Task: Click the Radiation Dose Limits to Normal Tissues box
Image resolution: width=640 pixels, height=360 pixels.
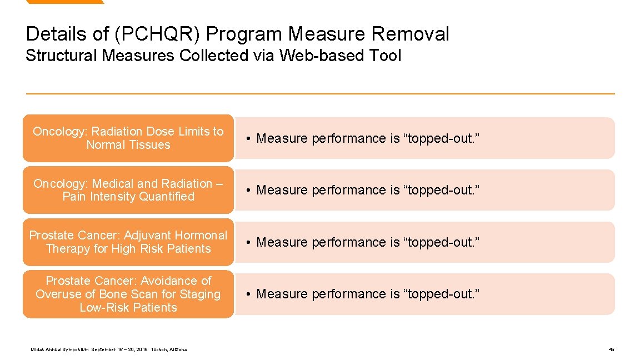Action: click(128, 138)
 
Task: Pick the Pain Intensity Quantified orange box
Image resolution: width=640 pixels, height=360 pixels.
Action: click(128, 190)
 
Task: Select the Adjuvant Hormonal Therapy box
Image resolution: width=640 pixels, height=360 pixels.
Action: click(128, 242)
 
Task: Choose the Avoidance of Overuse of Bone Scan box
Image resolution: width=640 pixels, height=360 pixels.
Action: click(128, 294)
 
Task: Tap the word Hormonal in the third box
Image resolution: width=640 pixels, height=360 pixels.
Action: click(201, 236)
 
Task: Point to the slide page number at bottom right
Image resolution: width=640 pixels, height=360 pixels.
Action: click(611, 349)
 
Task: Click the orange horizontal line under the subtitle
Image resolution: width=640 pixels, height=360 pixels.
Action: click(320, 93)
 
